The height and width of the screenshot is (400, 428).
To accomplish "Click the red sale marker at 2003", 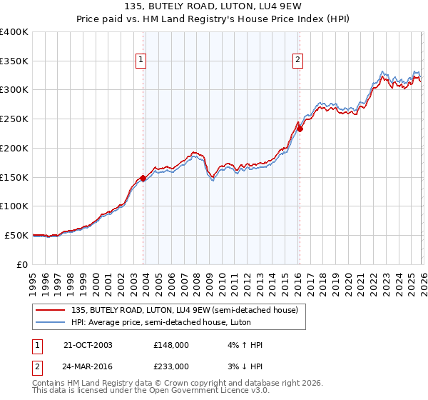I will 143,178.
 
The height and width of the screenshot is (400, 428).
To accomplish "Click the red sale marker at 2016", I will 300,129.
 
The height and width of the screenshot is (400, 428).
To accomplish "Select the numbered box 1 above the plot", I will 141,61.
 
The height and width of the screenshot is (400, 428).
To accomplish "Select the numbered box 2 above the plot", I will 297,61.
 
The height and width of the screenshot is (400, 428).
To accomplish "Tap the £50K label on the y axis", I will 16,235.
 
